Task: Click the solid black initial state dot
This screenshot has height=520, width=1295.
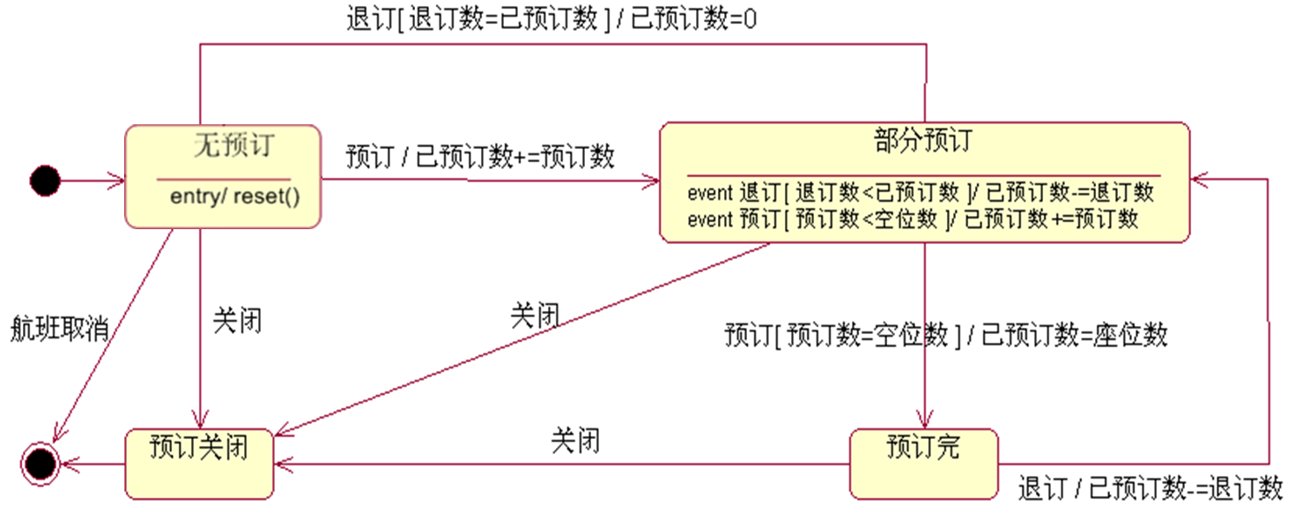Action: (x=45, y=182)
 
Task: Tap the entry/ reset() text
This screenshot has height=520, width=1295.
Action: (x=234, y=196)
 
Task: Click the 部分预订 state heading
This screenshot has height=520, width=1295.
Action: (x=923, y=140)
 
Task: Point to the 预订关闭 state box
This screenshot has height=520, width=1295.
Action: (x=198, y=463)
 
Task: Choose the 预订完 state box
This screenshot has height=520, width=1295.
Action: (x=923, y=463)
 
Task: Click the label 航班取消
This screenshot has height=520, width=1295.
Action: (x=60, y=329)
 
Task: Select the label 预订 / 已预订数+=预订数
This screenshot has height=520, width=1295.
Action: (x=480, y=156)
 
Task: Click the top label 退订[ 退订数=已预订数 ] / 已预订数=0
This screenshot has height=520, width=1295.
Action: (x=551, y=19)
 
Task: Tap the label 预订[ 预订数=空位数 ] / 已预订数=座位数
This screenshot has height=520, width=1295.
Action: (x=946, y=335)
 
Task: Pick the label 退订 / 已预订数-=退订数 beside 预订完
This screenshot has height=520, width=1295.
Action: (x=1150, y=487)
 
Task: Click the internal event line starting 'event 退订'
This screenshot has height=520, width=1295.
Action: (x=921, y=191)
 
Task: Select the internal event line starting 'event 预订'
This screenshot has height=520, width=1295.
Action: (x=913, y=219)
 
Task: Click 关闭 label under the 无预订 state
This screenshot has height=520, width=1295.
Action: (x=237, y=322)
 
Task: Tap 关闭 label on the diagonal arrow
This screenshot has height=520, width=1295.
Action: (x=535, y=316)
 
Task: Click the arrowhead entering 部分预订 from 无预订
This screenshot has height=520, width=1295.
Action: (x=652, y=182)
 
